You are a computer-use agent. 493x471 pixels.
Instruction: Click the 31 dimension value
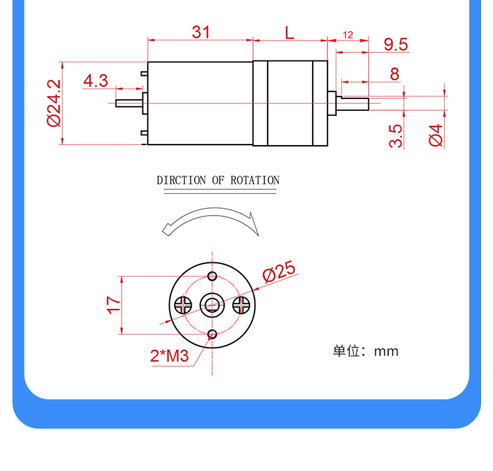[201, 32]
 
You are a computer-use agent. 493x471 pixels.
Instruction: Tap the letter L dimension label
[290, 33]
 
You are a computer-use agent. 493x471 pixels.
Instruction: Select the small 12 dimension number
[348, 35]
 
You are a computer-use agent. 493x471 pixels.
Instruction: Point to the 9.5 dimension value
[396, 45]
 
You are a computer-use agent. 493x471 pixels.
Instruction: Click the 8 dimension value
[394, 74]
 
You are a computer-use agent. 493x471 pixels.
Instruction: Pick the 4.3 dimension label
[95, 80]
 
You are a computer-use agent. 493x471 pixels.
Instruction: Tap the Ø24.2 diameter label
[54, 103]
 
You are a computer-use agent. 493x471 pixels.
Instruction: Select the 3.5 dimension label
[395, 136]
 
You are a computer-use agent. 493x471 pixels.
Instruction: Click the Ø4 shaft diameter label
[436, 135]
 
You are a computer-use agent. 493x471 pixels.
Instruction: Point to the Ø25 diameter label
[279, 271]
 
